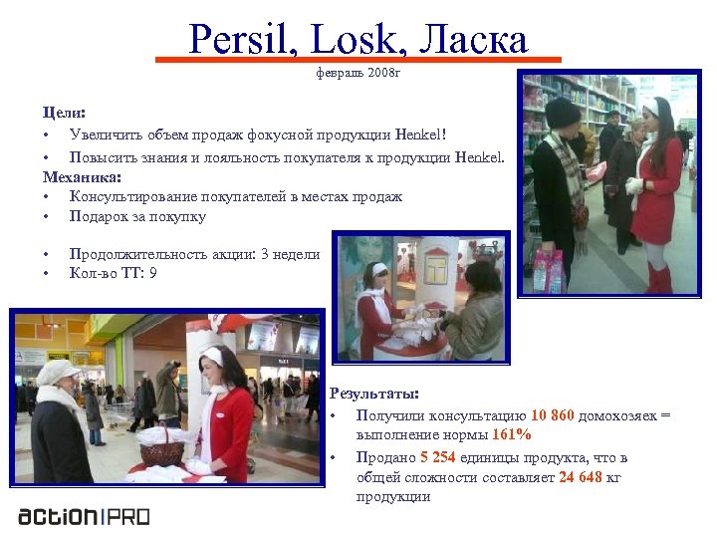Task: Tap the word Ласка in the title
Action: (x=474, y=39)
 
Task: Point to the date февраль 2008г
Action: (x=358, y=73)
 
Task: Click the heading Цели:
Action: (x=64, y=114)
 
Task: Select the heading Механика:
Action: (x=82, y=176)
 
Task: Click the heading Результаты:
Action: (x=374, y=394)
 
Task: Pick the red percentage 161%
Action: (x=511, y=435)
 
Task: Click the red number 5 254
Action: (x=437, y=457)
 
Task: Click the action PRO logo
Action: (x=85, y=516)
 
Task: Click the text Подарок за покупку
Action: (x=137, y=216)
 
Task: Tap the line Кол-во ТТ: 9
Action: (x=113, y=272)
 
